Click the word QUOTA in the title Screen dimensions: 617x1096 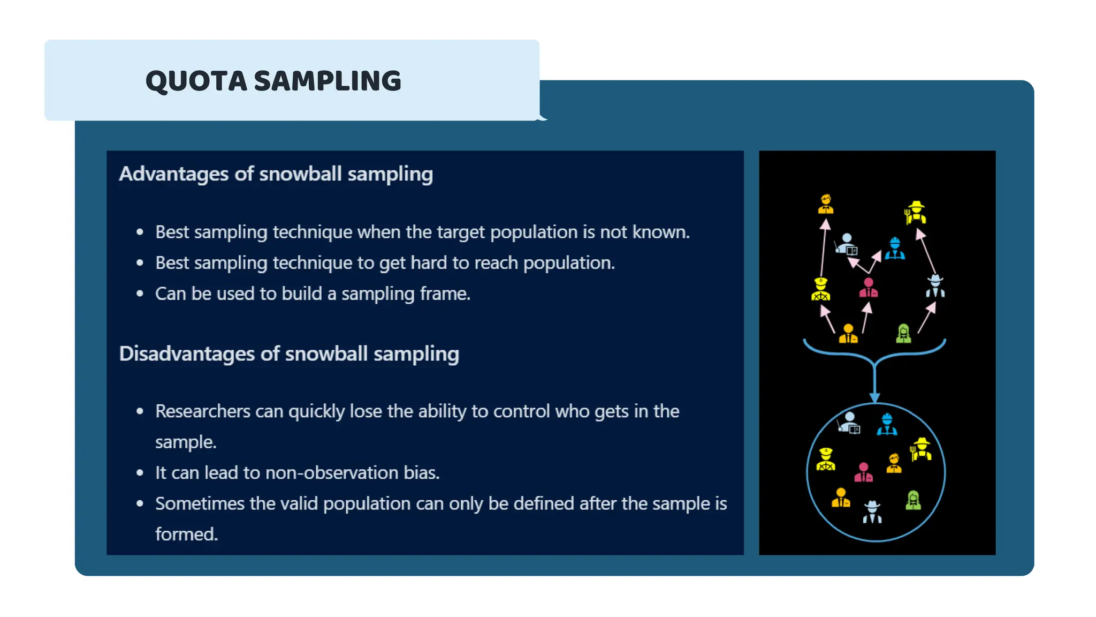click(196, 81)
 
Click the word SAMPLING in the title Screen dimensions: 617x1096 click(327, 81)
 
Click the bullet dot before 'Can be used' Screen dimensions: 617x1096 click(140, 294)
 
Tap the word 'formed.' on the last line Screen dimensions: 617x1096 click(186, 535)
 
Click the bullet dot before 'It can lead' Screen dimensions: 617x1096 click(140, 473)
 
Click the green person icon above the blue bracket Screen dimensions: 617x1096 click(903, 334)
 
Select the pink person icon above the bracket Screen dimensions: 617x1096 click(868, 288)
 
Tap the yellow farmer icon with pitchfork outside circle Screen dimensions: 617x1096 click(916, 213)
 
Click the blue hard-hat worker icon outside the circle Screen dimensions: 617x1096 click(895, 249)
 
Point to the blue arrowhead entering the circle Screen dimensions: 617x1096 click(874, 397)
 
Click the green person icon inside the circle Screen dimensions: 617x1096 click(913, 500)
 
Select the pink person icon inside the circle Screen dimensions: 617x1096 click(863, 472)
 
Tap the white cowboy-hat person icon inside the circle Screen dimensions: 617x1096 click(872, 512)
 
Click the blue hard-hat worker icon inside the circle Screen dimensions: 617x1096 click(887, 424)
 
